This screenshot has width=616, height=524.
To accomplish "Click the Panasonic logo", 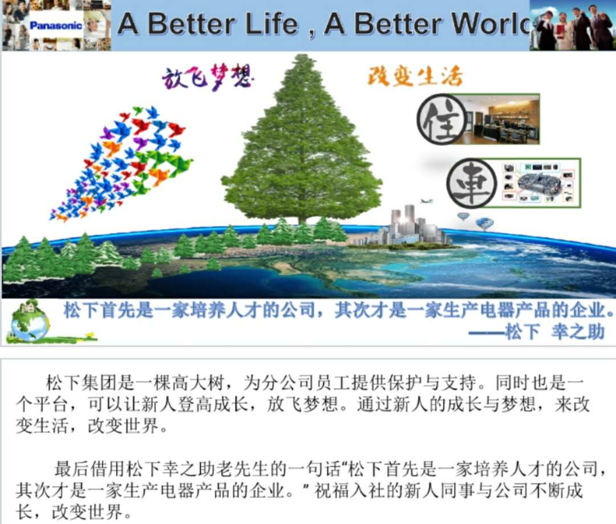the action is (x=56, y=26).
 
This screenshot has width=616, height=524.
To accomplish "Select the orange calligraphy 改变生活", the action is (x=415, y=76).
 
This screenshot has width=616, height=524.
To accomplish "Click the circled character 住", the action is (x=443, y=119).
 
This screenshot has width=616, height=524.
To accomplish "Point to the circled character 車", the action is (x=472, y=184).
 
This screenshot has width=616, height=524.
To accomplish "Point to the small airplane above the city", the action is (x=426, y=201).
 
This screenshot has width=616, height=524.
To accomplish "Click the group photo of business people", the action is (x=573, y=25).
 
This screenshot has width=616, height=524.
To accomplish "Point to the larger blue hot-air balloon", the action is (x=485, y=224).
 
